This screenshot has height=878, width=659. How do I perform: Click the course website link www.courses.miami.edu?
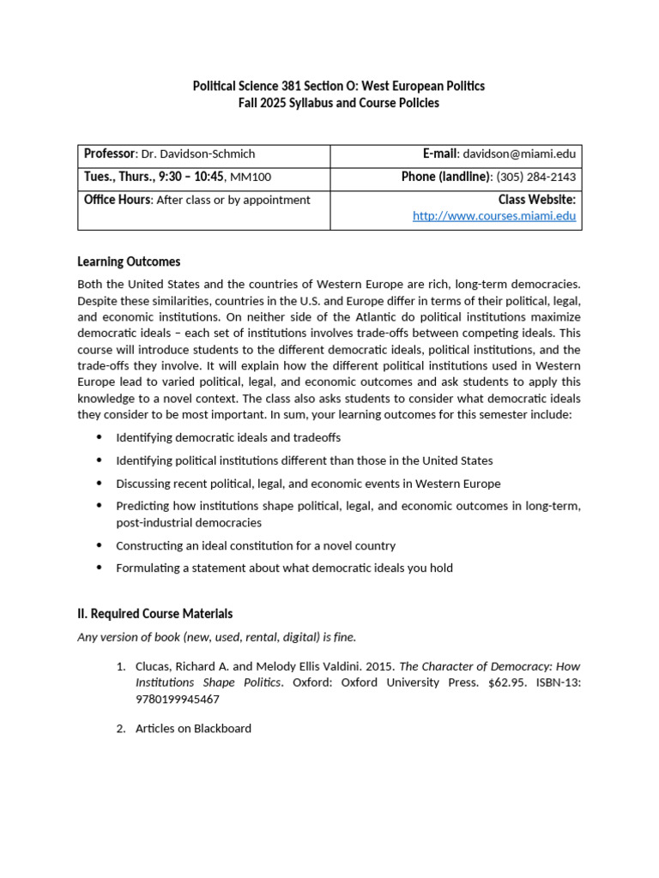click(493, 216)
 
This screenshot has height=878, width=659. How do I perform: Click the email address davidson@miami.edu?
click(519, 154)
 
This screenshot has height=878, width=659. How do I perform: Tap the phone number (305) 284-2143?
click(535, 177)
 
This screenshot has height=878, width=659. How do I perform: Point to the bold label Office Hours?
click(117, 200)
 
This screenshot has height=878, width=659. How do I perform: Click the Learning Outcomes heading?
click(129, 262)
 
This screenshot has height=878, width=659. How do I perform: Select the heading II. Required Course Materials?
click(154, 614)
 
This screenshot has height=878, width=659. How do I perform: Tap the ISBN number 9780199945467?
click(178, 699)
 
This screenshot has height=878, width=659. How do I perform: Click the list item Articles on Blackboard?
click(193, 728)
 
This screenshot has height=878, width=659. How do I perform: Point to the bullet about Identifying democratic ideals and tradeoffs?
click(228, 437)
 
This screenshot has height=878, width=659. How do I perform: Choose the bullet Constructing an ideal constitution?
click(256, 545)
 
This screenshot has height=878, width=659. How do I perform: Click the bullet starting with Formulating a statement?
click(284, 568)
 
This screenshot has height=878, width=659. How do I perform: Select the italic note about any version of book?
click(216, 636)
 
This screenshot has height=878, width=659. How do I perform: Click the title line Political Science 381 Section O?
click(338, 86)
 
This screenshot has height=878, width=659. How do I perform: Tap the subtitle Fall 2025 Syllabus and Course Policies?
click(338, 103)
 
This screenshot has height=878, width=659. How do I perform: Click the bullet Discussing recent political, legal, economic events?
click(308, 484)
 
